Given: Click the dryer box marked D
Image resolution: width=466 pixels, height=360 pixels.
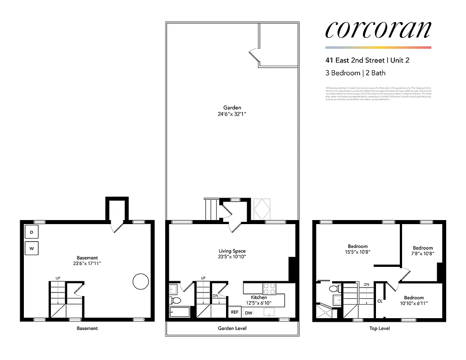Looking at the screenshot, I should tap(32, 232).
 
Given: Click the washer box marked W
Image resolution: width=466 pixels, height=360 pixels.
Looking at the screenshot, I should tap(32, 248).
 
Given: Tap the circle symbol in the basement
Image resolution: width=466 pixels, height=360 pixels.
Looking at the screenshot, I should tap(140, 281).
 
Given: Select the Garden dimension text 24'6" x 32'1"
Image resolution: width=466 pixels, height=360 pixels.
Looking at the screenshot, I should tap(232, 114).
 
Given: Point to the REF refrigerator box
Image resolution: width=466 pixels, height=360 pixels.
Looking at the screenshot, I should tap(235, 312).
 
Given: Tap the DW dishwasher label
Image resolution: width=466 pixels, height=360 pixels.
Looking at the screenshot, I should tap(249, 313).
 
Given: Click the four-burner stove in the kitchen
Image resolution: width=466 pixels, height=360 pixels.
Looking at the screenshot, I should tap(269, 288).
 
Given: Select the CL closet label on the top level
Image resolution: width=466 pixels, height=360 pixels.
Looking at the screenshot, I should tap(380, 301).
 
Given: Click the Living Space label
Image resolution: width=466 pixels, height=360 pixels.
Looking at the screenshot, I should tap(232, 251).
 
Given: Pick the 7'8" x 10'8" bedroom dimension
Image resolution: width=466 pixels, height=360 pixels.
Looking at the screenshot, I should tap(423, 254).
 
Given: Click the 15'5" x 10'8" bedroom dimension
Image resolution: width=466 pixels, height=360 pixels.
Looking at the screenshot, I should tap(357, 252).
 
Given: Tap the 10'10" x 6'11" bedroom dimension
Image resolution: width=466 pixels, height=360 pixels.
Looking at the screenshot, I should tap(413, 304).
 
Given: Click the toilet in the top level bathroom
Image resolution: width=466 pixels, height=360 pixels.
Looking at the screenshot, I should tap(334, 288).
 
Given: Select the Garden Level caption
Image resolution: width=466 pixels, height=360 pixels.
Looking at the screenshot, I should tap(232, 328).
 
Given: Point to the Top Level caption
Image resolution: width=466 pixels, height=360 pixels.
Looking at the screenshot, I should tap(379, 328).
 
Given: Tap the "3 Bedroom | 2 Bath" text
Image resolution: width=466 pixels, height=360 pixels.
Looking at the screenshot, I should tap(355, 73).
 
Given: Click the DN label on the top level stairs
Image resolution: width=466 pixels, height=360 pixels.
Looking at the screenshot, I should tap(366, 284).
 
